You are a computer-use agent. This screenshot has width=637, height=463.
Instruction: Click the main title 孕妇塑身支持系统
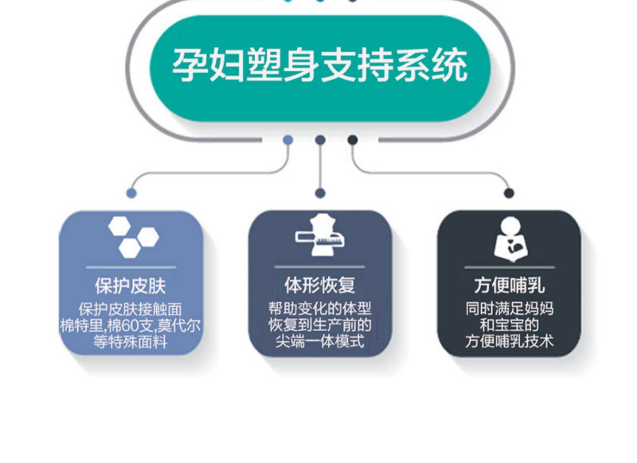[x=319, y=66]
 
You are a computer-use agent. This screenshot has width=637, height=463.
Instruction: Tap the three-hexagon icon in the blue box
[x=133, y=237]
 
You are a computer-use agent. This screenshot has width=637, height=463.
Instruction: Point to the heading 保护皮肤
[x=130, y=286]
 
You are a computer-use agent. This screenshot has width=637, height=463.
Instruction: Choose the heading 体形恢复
[x=320, y=285]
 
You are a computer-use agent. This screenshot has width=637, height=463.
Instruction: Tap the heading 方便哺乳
[x=509, y=285]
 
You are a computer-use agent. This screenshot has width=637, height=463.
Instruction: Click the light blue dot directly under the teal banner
[x=288, y=140]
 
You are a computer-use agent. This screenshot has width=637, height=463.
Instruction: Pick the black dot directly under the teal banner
[x=352, y=140]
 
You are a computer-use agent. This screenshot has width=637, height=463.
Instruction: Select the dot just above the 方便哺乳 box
[x=509, y=193]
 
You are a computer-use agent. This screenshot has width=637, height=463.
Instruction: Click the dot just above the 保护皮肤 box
[x=132, y=193]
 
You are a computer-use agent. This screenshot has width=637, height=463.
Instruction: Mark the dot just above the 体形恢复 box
[x=320, y=193]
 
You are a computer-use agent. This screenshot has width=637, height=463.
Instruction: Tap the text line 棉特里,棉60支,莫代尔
[x=130, y=326]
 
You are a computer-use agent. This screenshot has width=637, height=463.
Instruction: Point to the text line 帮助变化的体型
[x=320, y=309]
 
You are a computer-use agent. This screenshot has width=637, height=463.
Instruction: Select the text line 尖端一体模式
[x=320, y=341]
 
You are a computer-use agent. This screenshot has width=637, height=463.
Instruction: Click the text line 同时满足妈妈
[x=509, y=309]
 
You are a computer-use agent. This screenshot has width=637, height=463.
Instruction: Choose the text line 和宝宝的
[x=509, y=325]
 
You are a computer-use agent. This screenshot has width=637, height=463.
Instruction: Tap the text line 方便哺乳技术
[x=509, y=341]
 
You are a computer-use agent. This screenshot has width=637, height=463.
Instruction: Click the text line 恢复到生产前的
[x=320, y=325]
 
